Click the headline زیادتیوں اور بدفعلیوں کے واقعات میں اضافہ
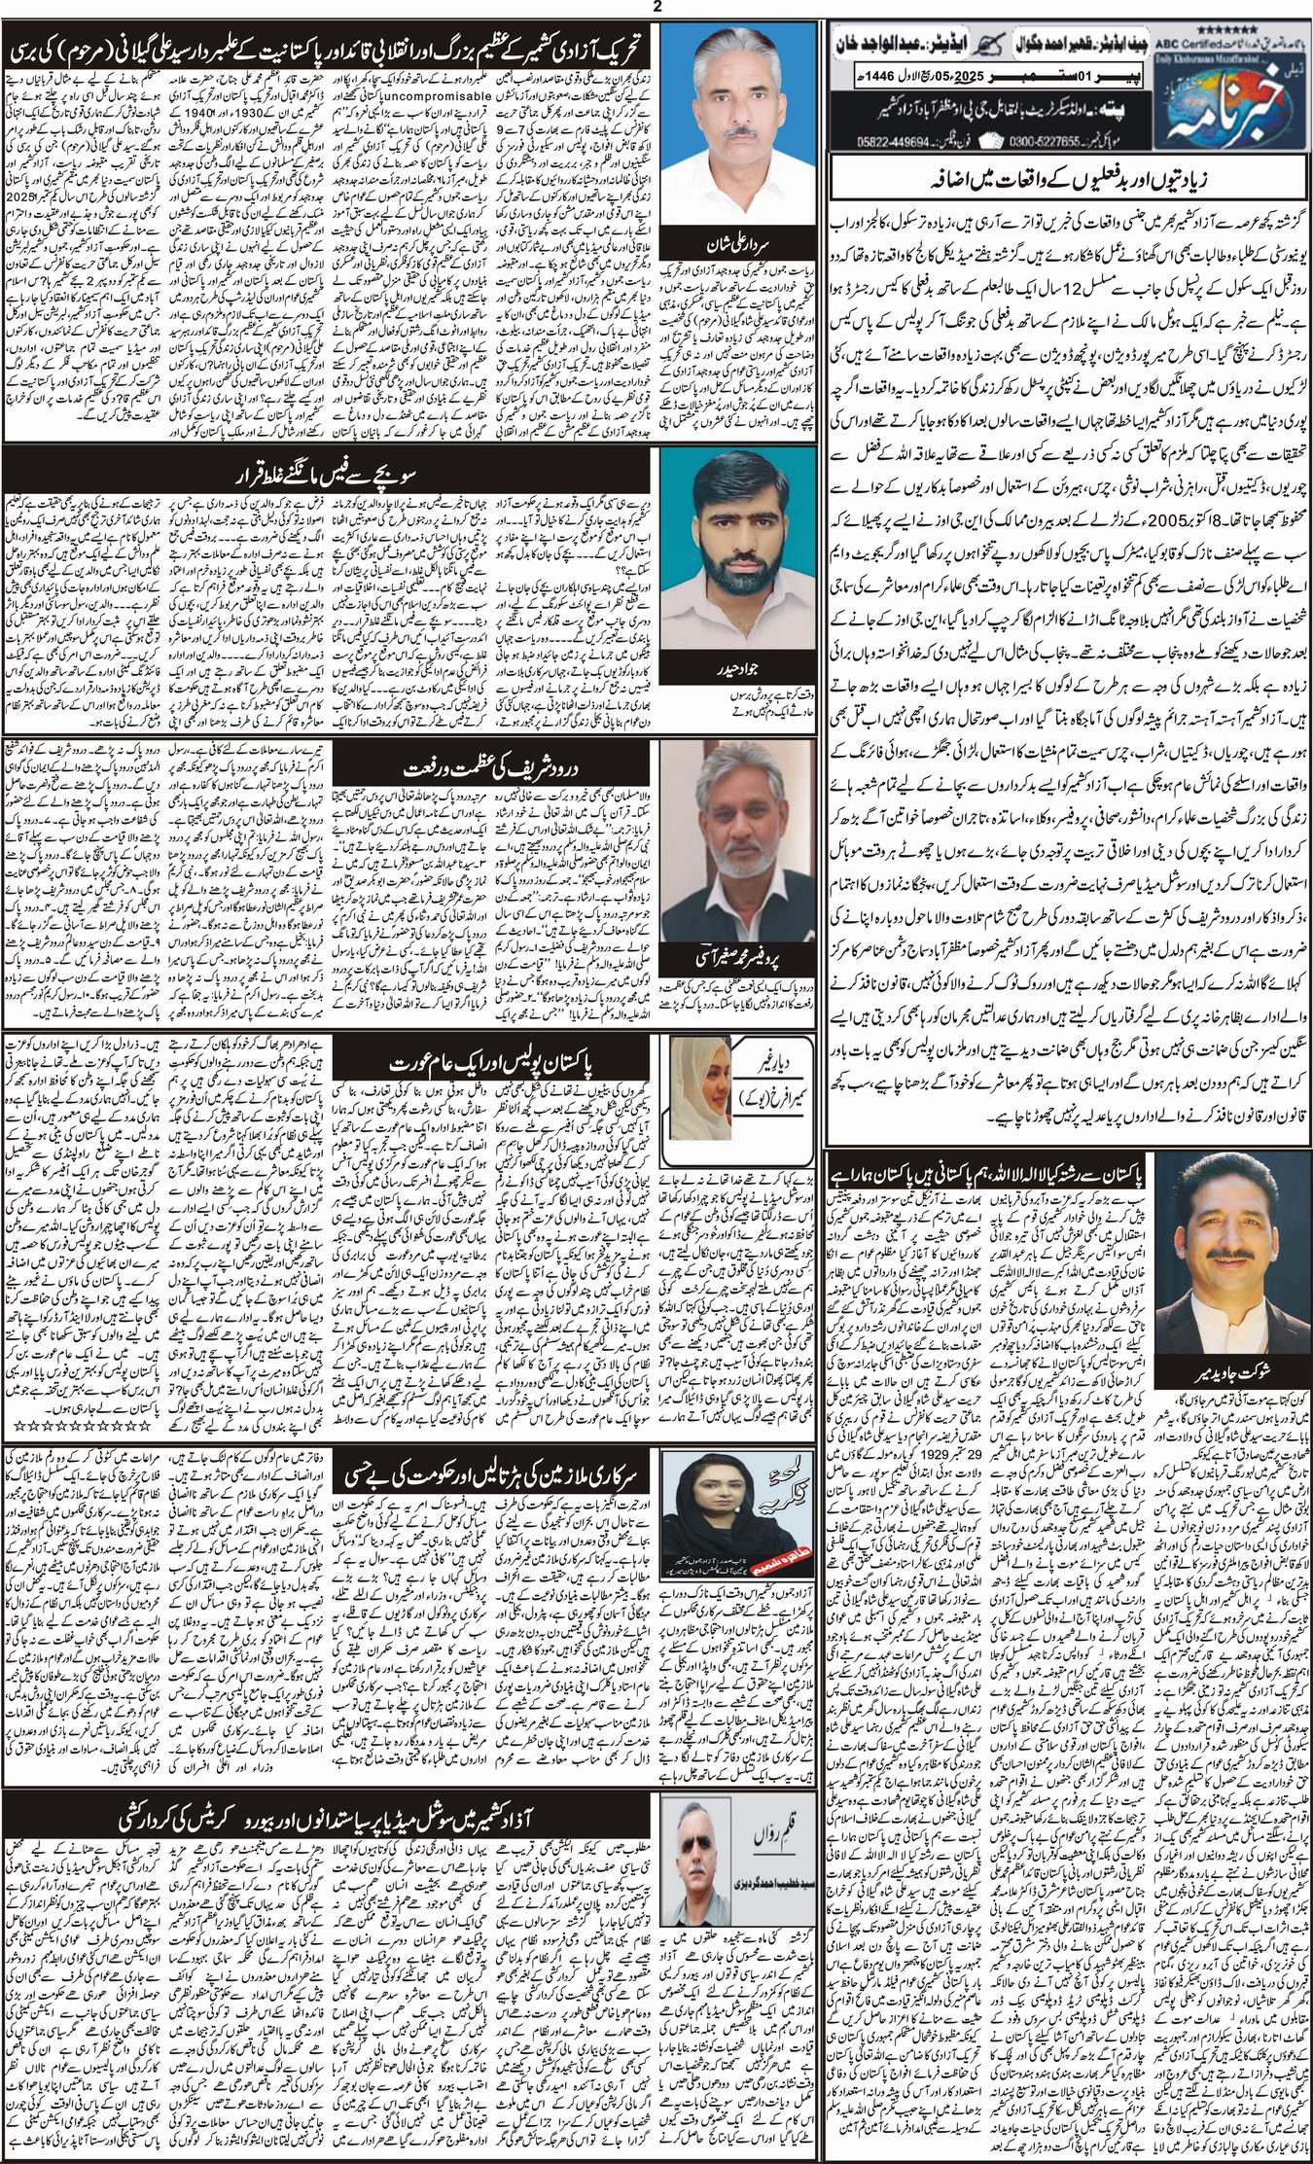pos(1068,182)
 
